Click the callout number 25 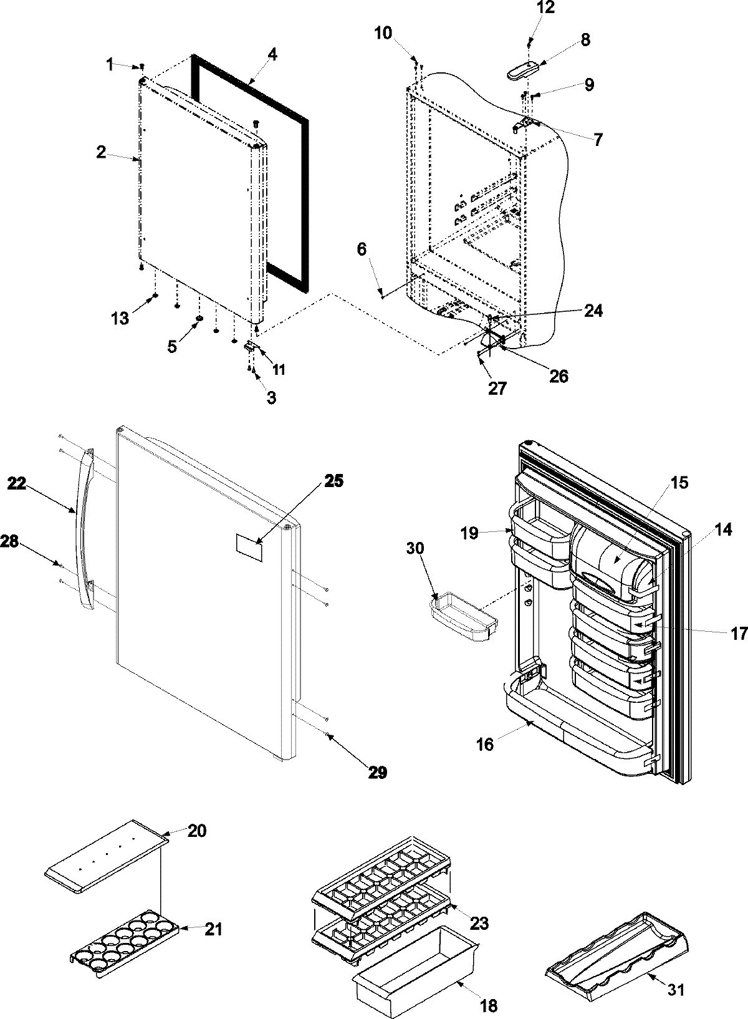[333, 481]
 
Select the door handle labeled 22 [85, 527]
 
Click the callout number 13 [120, 319]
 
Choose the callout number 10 [383, 33]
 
